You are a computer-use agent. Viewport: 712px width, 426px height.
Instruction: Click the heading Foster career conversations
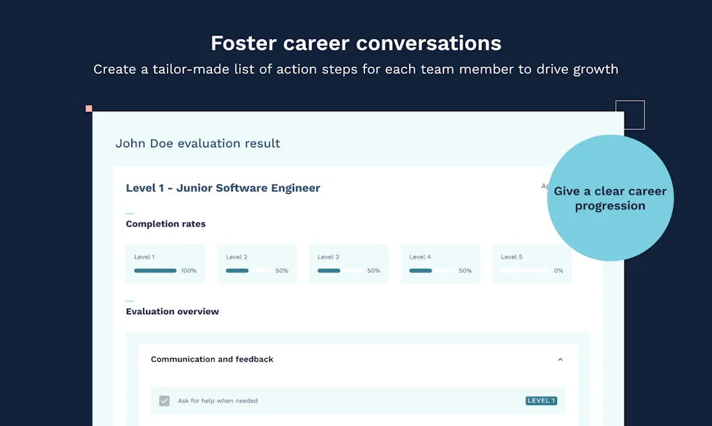tap(356, 43)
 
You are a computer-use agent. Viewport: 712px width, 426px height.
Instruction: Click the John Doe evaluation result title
tap(197, 144)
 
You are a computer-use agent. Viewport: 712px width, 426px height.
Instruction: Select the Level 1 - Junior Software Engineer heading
tap(223, 188)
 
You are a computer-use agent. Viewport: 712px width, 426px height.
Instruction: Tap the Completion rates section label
tap(165, 224)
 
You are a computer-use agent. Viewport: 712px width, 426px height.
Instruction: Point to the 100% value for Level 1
tap(188, 271)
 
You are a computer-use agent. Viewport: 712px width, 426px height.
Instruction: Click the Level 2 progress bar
tap(248, 271)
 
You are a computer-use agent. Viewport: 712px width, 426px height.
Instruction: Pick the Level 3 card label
tap(328, 257)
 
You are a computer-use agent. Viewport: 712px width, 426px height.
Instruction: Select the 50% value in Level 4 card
tap(465, 271)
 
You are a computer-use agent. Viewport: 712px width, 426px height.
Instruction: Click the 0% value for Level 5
tap(558, 271)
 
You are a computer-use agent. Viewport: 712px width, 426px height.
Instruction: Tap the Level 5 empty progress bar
tap(524, 271)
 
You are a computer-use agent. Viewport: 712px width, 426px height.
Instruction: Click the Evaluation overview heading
tap(172, 311)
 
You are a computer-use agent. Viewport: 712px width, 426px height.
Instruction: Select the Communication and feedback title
tap(212, 359)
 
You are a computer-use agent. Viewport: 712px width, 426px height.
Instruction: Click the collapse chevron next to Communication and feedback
tap(560, 359)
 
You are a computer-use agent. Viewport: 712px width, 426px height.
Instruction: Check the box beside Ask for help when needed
tap(164, 401)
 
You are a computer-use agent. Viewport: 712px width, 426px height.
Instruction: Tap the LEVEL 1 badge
tap(541, 401)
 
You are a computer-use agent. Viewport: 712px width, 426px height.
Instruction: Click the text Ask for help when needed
tap(218, 401)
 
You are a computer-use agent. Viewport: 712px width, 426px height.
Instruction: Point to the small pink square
tap(89, 108)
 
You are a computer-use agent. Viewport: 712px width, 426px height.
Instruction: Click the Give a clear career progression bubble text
tap(610, 198)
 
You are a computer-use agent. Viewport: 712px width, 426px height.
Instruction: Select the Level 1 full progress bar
tap(155, 271)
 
